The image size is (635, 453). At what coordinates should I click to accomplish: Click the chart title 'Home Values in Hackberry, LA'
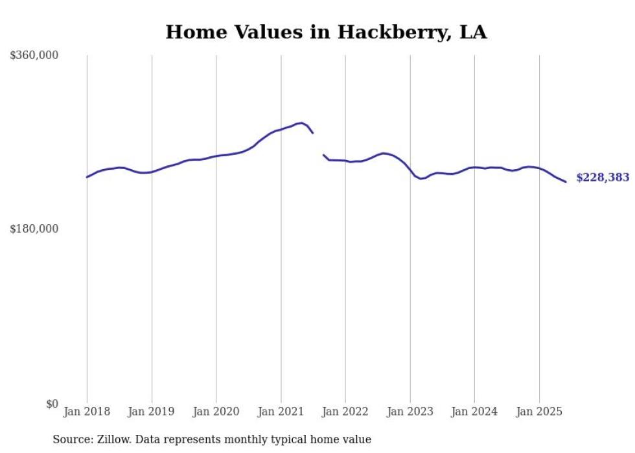tap(326, 32)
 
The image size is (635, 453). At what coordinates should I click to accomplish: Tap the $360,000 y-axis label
tap(34, 56)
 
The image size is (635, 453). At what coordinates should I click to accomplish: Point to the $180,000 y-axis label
tap(34, 229)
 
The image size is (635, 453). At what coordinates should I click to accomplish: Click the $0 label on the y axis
tap(52, 404)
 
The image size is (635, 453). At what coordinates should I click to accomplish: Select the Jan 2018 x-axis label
tap(87, 412)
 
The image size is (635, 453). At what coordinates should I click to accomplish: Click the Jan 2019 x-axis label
tap(152, 412)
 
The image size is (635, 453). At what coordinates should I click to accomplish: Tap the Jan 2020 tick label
tap(216, 412)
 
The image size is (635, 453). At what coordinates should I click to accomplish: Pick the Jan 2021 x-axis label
tap(281, 412)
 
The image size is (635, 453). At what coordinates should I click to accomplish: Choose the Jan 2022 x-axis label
tap(345, 412)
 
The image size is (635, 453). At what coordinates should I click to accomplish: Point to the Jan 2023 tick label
tap(410, 412)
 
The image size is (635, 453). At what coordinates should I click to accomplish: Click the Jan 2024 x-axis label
tap(474, 412)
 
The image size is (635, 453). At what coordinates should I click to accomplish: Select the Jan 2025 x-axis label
tap(538, 412)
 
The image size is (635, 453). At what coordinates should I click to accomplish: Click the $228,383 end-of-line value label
tap(602, 178)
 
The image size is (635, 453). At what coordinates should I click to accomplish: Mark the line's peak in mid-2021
tap(302, 122)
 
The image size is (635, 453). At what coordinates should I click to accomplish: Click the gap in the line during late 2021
tap(318, 144)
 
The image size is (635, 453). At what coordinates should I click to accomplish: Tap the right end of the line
tap(566, 181)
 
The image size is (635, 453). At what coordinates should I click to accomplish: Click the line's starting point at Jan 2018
tap(87, 177)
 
